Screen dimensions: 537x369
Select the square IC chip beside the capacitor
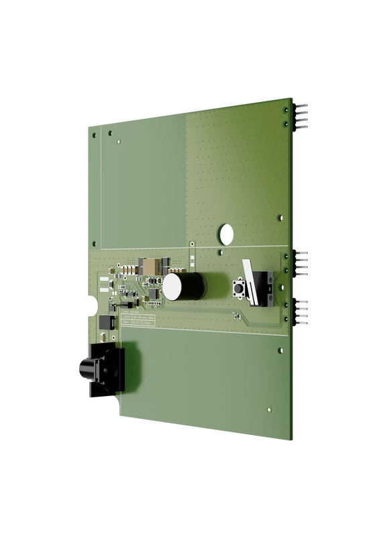153,293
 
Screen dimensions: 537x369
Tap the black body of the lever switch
262,287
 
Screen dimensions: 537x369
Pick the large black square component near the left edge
105,322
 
